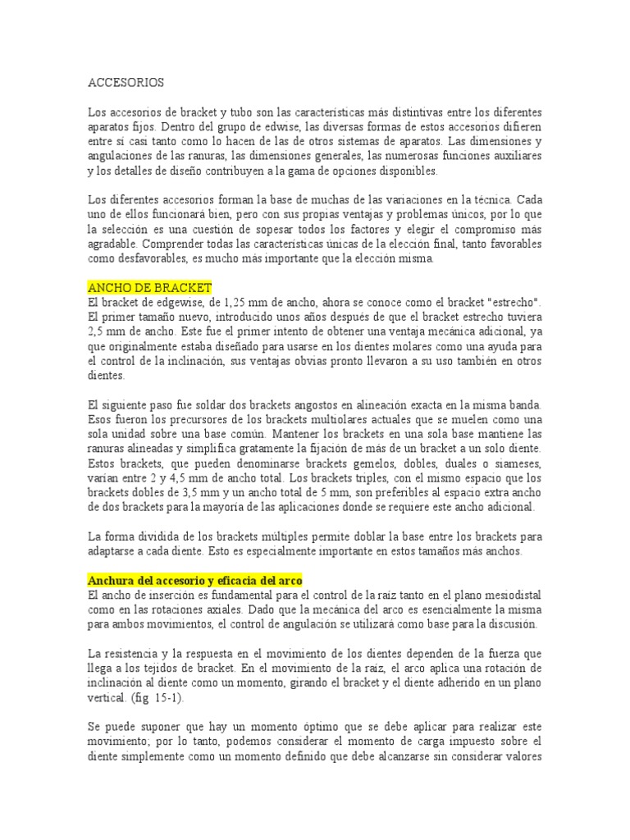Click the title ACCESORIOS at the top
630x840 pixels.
126,83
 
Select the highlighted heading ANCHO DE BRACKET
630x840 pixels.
149,287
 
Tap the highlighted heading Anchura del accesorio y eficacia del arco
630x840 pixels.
195,580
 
